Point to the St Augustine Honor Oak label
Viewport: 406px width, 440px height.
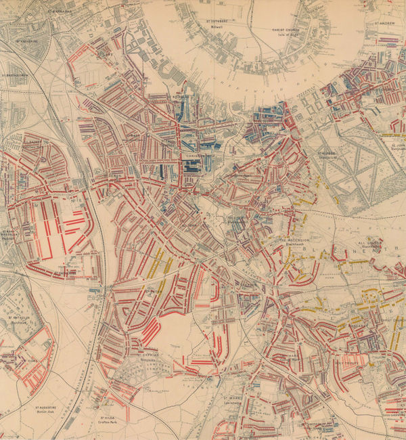[x=47, y=410]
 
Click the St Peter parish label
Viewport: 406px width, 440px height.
[x=154, y=292]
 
